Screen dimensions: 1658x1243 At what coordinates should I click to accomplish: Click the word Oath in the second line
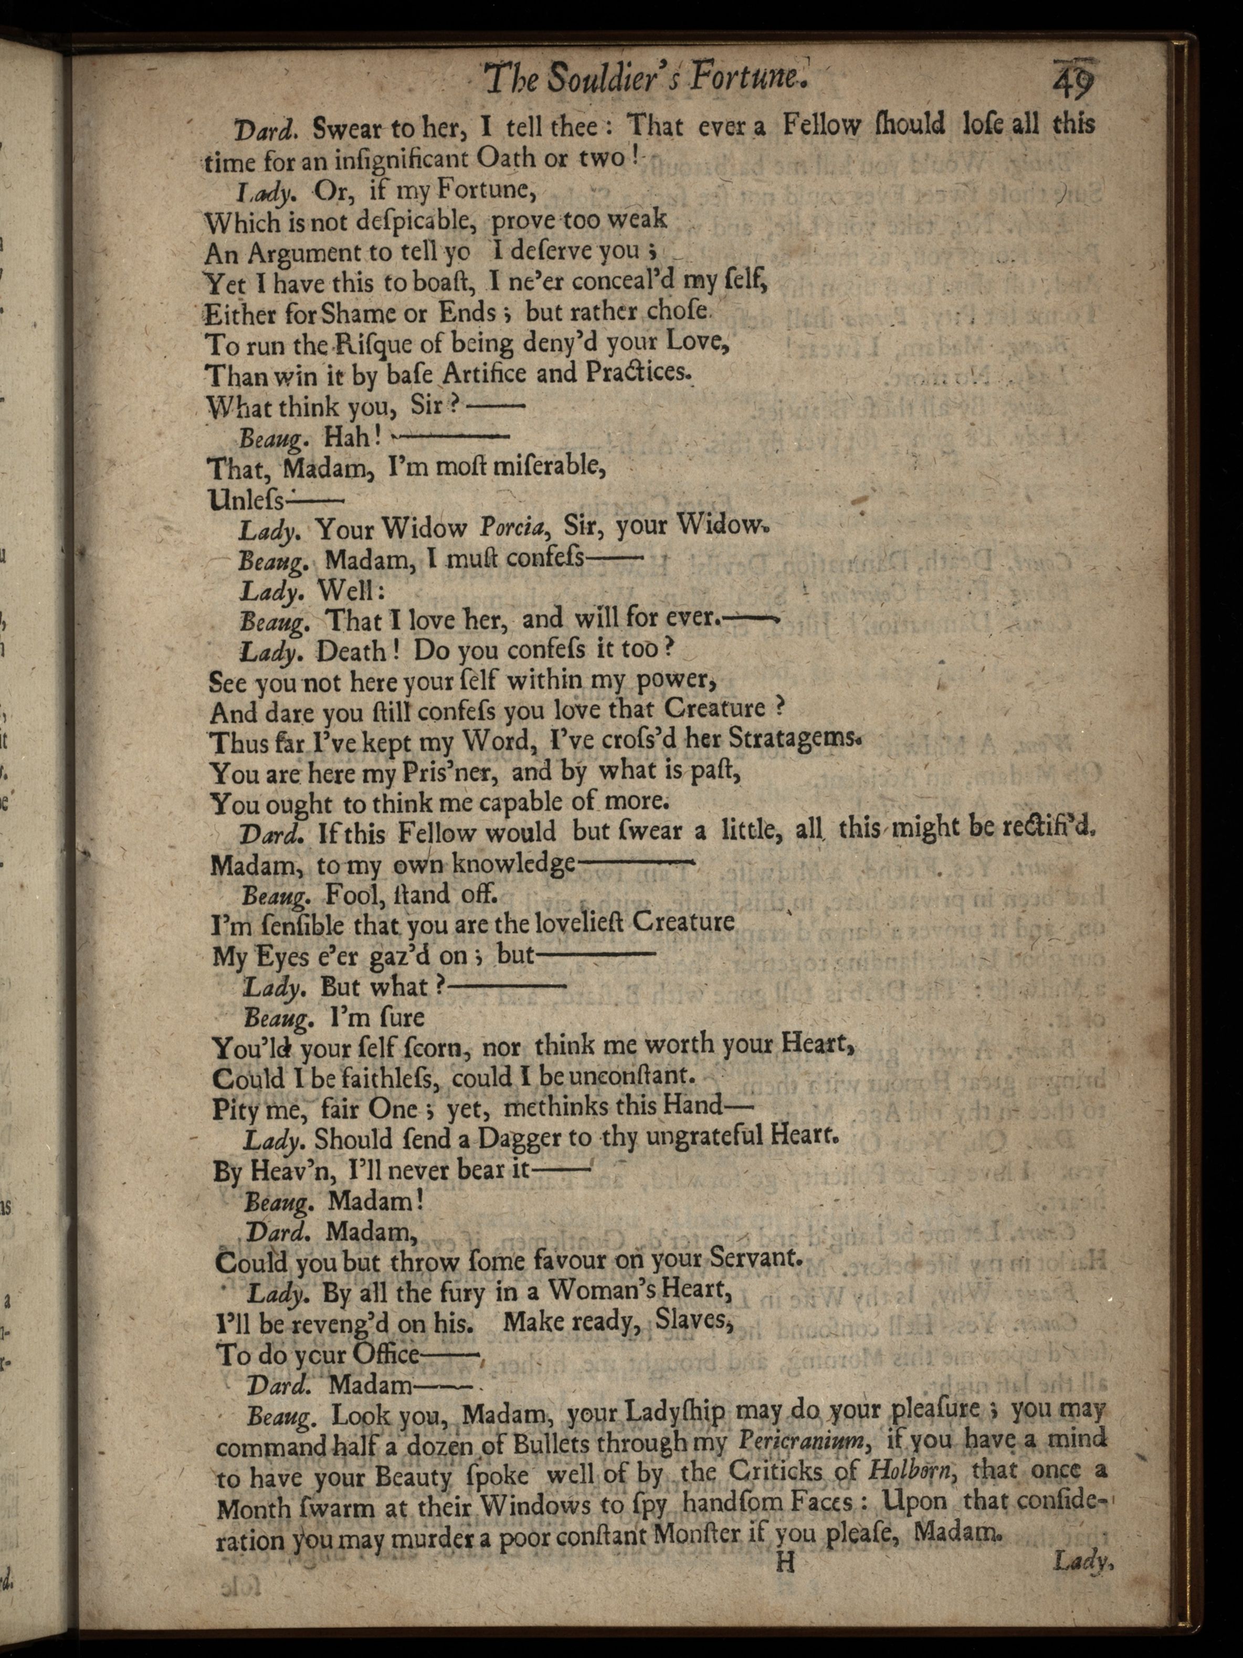[x=505, y=159]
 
